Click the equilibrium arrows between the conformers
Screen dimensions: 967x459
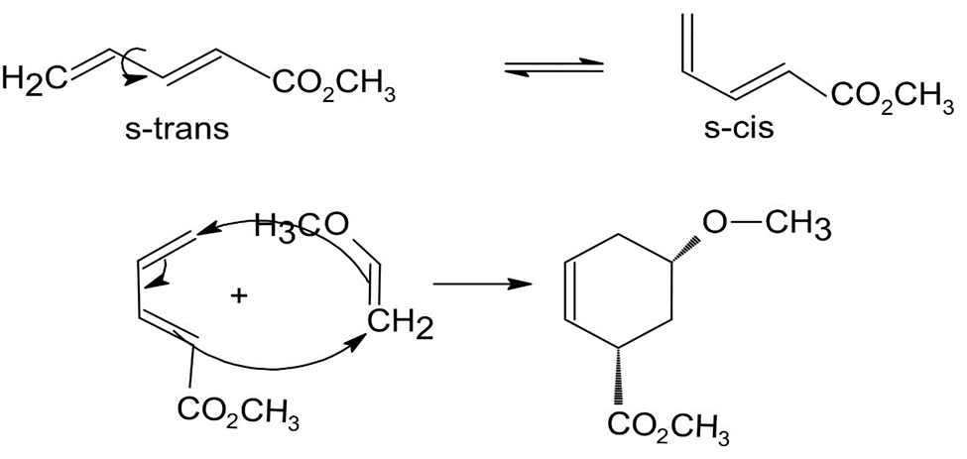tap(553, 67)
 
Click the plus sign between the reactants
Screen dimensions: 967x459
tap(238, 296)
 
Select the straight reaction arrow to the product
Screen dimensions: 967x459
tap(482, 285)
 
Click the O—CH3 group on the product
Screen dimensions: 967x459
tap(766, 225)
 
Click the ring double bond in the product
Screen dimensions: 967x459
tap(570, 290)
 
